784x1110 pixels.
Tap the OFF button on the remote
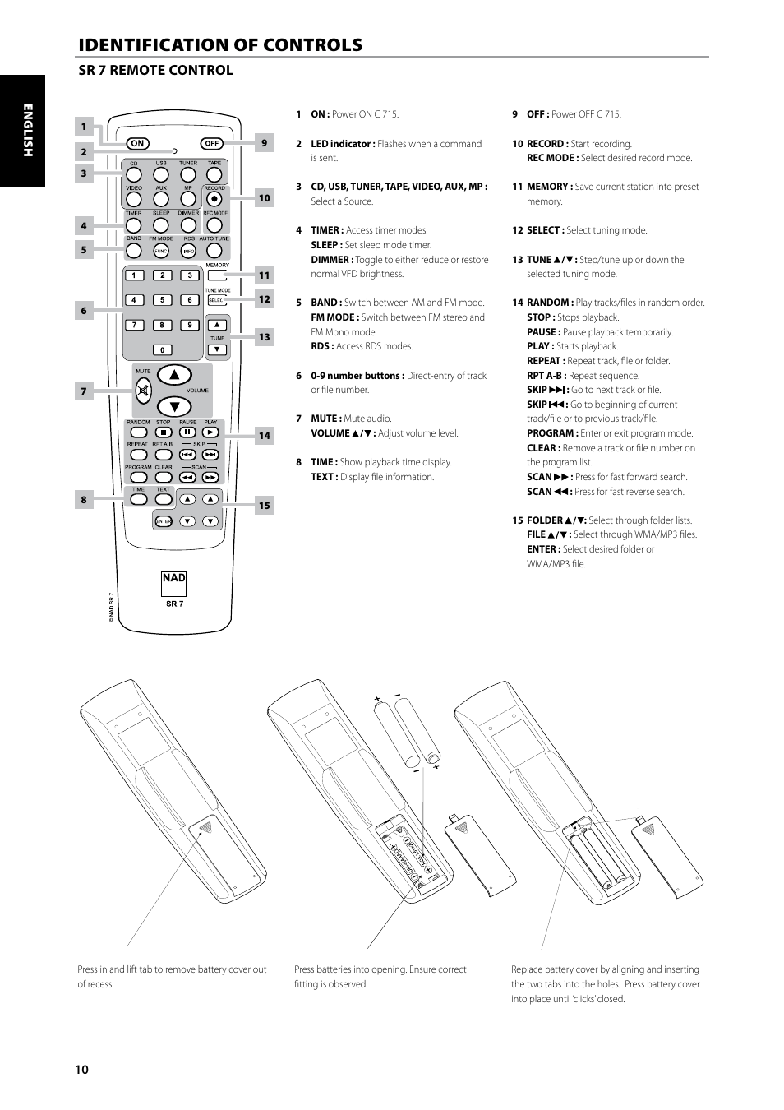[211, 143]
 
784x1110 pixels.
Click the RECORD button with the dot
[214, 198]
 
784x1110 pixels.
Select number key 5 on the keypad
[162, 300]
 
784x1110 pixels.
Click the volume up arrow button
[174, 376]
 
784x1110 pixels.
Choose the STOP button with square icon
[164, 432]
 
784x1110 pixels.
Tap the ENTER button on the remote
[164, 521]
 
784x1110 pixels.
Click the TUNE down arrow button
[217, 349]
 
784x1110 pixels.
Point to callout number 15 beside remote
[264, 506]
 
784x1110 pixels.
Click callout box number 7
[83, 391]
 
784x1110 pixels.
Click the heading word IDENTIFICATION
[155, 45]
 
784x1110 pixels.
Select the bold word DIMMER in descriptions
[331, 260]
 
